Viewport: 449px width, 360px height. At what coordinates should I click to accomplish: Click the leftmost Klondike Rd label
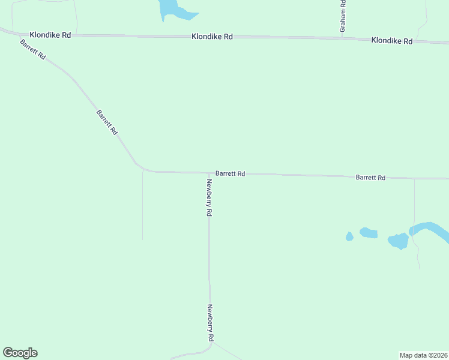click(x=50, y=35)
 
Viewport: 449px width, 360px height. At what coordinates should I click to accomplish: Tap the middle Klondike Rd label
click(x=212, y=37)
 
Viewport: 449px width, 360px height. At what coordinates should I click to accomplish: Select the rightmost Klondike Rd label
click(x=392, y=41)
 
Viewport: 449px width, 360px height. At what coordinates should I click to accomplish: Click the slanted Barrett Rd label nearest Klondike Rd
click(x=32, y=49)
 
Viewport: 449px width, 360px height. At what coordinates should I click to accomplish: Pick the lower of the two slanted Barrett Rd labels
click(x=107, y=122)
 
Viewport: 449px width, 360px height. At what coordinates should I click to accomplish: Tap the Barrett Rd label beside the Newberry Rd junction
click(x=231, y=173)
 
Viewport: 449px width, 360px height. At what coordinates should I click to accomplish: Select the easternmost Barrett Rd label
click(x=370, y=178)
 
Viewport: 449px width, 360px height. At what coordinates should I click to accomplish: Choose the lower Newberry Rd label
click(x=210, y=323)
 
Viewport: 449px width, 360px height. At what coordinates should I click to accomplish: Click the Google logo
click(x=20, y=353)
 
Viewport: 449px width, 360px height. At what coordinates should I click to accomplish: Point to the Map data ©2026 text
click(x=424, y=355)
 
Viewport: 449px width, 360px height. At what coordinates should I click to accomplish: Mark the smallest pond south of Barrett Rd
click(x=349, y=237)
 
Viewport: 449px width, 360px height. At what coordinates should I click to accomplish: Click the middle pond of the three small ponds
click(x=368, y=233)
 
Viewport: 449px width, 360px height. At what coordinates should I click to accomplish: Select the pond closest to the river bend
click(x=398, y=241)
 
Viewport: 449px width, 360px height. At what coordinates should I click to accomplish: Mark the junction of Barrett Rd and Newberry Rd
click(x=209, y=173)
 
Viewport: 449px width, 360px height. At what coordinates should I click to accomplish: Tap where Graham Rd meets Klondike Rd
click(x=342, y=38)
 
